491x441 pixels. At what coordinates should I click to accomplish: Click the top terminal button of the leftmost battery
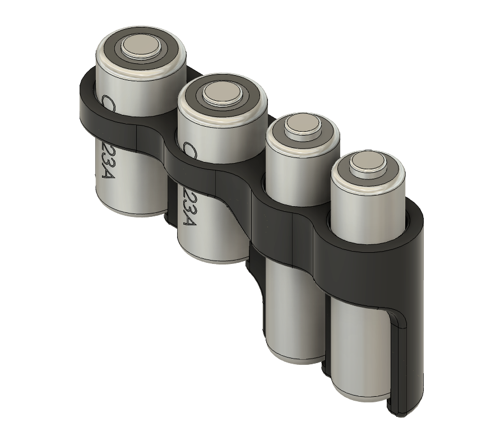tap(141, 47)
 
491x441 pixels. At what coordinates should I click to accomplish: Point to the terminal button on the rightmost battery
tap(367, 164)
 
